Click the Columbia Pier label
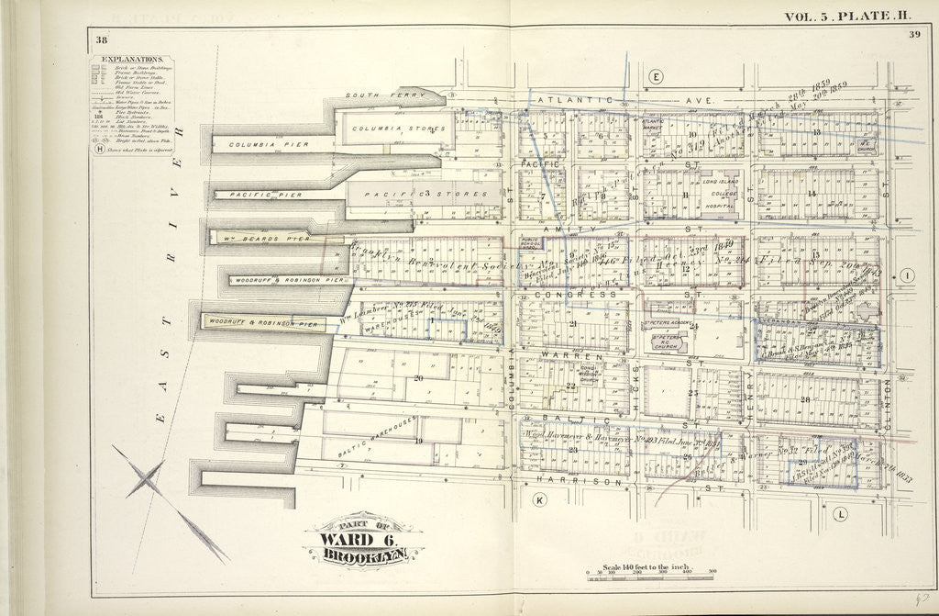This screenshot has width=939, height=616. [256, 144]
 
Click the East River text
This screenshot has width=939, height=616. [171, 275]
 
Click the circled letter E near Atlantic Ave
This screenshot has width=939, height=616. [656, 77]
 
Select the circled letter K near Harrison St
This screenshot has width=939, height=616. [539, 499]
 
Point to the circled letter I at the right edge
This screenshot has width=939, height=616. [906, 276]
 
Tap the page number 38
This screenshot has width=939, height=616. [100, 38]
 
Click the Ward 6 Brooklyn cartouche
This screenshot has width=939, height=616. [360, 540]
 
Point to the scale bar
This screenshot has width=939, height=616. [649, 578]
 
